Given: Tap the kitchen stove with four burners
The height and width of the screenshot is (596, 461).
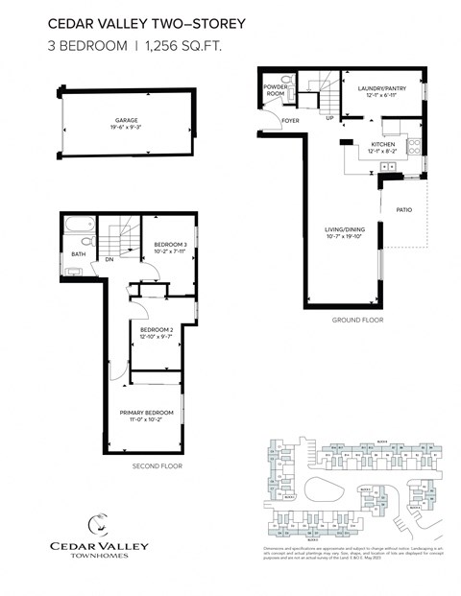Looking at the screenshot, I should (x=414, y=147).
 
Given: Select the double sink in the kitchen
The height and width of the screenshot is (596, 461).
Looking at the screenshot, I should (x=391, y=167).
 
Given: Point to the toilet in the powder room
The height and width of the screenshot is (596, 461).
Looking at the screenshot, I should (x=284, y=80).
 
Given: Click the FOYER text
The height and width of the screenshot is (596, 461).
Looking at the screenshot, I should (x=290, y=120).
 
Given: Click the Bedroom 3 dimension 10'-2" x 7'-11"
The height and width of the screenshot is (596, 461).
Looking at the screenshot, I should (x=169, y=252).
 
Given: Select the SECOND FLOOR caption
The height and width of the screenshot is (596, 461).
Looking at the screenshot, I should (x=157, y=466).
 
